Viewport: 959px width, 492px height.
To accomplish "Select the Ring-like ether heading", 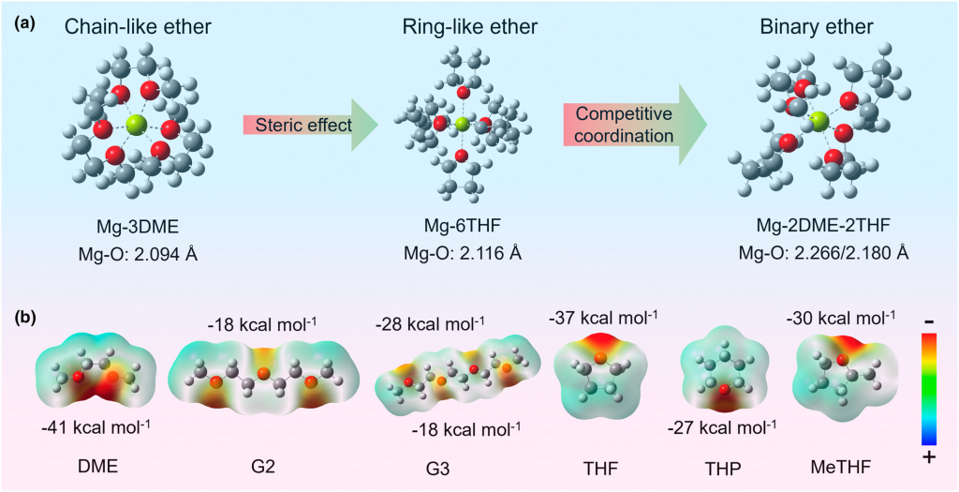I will pyautogui.click(x=463, y=27).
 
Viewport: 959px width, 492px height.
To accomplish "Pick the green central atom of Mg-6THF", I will pyautogui.click(x=462, y=124).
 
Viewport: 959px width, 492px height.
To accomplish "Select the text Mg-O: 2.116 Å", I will pyautogui.click(x=463, y=252).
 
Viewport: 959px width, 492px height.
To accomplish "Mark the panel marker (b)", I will pyautogui.click(x=26, y=317).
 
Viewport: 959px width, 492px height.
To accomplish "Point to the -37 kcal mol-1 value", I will pyautogui.click(x=604, y=318).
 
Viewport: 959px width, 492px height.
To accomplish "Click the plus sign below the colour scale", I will pyautogui.click(x=928, y=458).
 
